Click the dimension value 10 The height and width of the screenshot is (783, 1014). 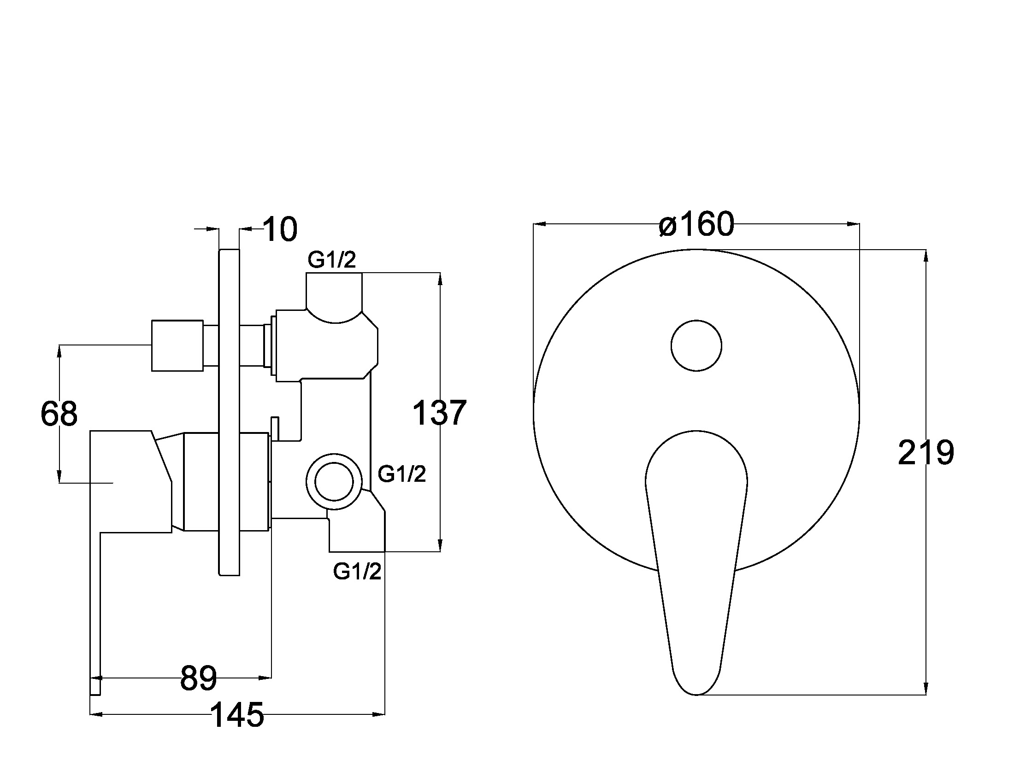click(x=280, y=229)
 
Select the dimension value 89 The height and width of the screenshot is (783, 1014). click(x=198, y=678)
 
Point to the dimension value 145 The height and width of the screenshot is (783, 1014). click(x=237, y=714)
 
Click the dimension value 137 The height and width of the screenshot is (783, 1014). click(x=439, y=413)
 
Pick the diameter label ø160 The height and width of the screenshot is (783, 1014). click(x=696, y=224)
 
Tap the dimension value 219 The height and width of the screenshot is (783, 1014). click(x=926, y=453)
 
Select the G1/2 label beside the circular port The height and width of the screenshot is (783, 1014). click(x=401, y=474)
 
